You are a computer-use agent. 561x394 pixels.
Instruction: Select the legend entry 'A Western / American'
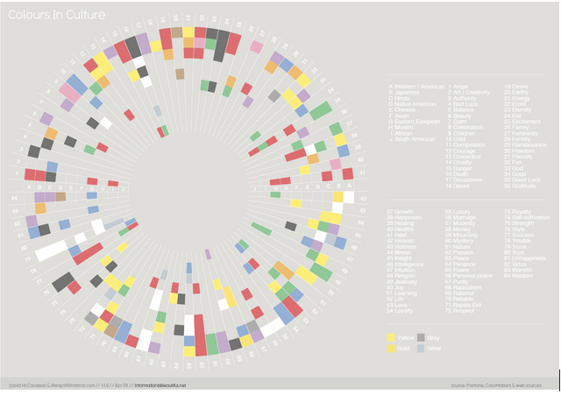[x=416, y=87]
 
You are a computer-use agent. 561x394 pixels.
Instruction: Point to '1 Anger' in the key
[x=459, y=87]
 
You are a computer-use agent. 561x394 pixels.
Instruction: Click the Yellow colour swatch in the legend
[x=392, y=336]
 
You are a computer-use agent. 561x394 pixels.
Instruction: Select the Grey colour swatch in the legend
[x=422, y=336]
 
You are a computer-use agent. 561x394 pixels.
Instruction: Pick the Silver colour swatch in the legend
[x=422, y=348]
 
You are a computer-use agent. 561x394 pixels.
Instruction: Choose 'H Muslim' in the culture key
[x=404, y=128]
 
